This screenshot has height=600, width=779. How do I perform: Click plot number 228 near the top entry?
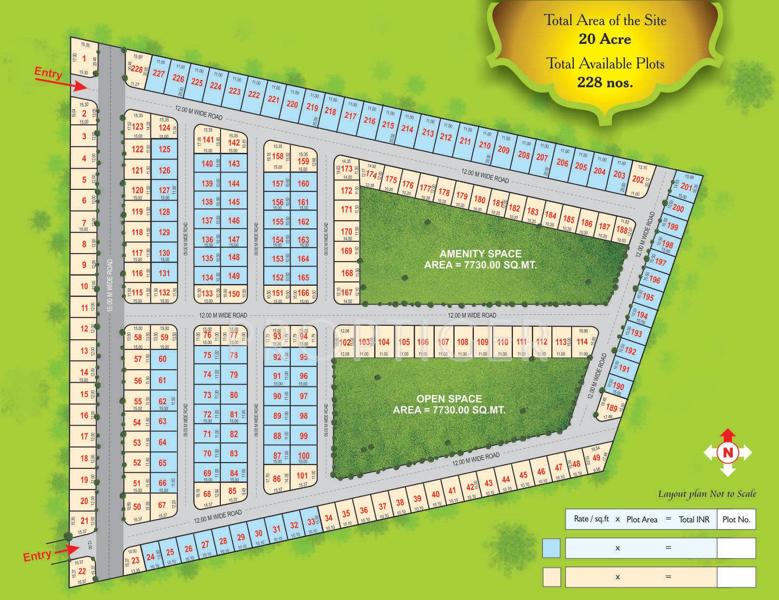(137, 70)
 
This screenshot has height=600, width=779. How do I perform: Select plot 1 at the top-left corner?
(84, 59)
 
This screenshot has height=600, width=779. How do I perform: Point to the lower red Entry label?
(37, 556)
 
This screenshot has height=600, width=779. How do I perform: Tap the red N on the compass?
(727, 453)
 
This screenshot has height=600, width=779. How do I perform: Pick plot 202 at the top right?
(638, 180)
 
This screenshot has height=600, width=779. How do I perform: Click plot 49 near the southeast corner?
(596, 458)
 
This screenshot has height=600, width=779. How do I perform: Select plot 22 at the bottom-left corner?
(82, 571)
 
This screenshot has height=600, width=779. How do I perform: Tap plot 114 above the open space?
(582, 342)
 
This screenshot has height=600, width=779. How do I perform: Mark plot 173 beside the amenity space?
(347, 169)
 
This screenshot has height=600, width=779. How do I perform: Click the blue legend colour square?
(551, 548)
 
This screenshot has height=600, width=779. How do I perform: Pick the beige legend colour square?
(551, 577)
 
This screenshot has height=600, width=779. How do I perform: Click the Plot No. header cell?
(736, 520)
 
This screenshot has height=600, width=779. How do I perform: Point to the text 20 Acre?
(604, 39)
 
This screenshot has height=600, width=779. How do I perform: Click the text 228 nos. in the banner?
(605, 82)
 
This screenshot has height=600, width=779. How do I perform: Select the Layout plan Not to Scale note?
(707, 494)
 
